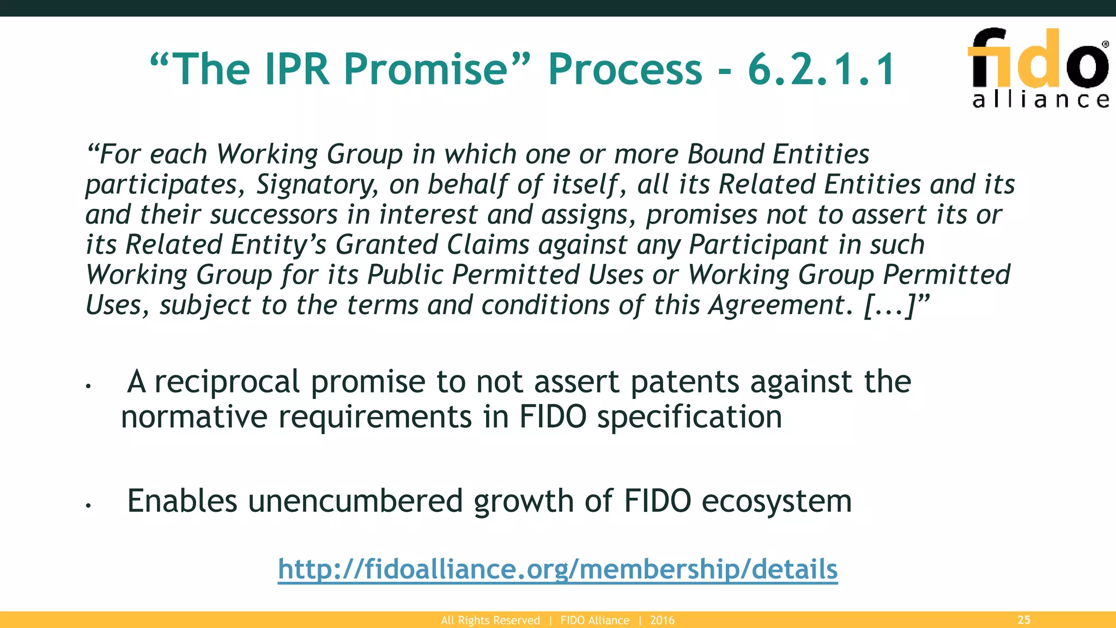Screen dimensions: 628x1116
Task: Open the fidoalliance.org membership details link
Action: pyautogui.click(x=557, y=569)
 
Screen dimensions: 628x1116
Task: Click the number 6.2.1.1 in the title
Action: pyautogui.click(x=821, y=69)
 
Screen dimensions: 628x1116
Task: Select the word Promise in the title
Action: pyautogui.click(x=426, y=69)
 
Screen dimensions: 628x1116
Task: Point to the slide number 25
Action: pyautogui.click(x=1024, y=620)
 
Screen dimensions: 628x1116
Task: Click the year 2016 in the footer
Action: pyautogui.click(x=662, y=620)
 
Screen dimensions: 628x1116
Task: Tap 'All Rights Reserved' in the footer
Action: pyautogui.click(x=490, y=620)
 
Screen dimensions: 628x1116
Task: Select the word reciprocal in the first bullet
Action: pyautogui.click(x=227, y=382)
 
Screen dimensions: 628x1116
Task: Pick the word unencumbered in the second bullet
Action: pyautogui.click(x=355, y=501)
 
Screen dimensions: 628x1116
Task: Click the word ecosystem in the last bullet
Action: pyautogui.click(x=777, y=501)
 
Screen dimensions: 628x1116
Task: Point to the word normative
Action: pyautogui.click(x=194, y=417)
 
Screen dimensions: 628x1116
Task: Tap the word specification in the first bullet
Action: pyautogui.click(x=689, y=417)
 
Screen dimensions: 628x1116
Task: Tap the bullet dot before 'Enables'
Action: pyautogui.click(x=87, y=506)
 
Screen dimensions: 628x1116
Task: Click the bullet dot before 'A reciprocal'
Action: pyautogui.click(x=87, y=387)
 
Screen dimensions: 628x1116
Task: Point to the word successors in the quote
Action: pyautogui.click(x=274, y=215)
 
